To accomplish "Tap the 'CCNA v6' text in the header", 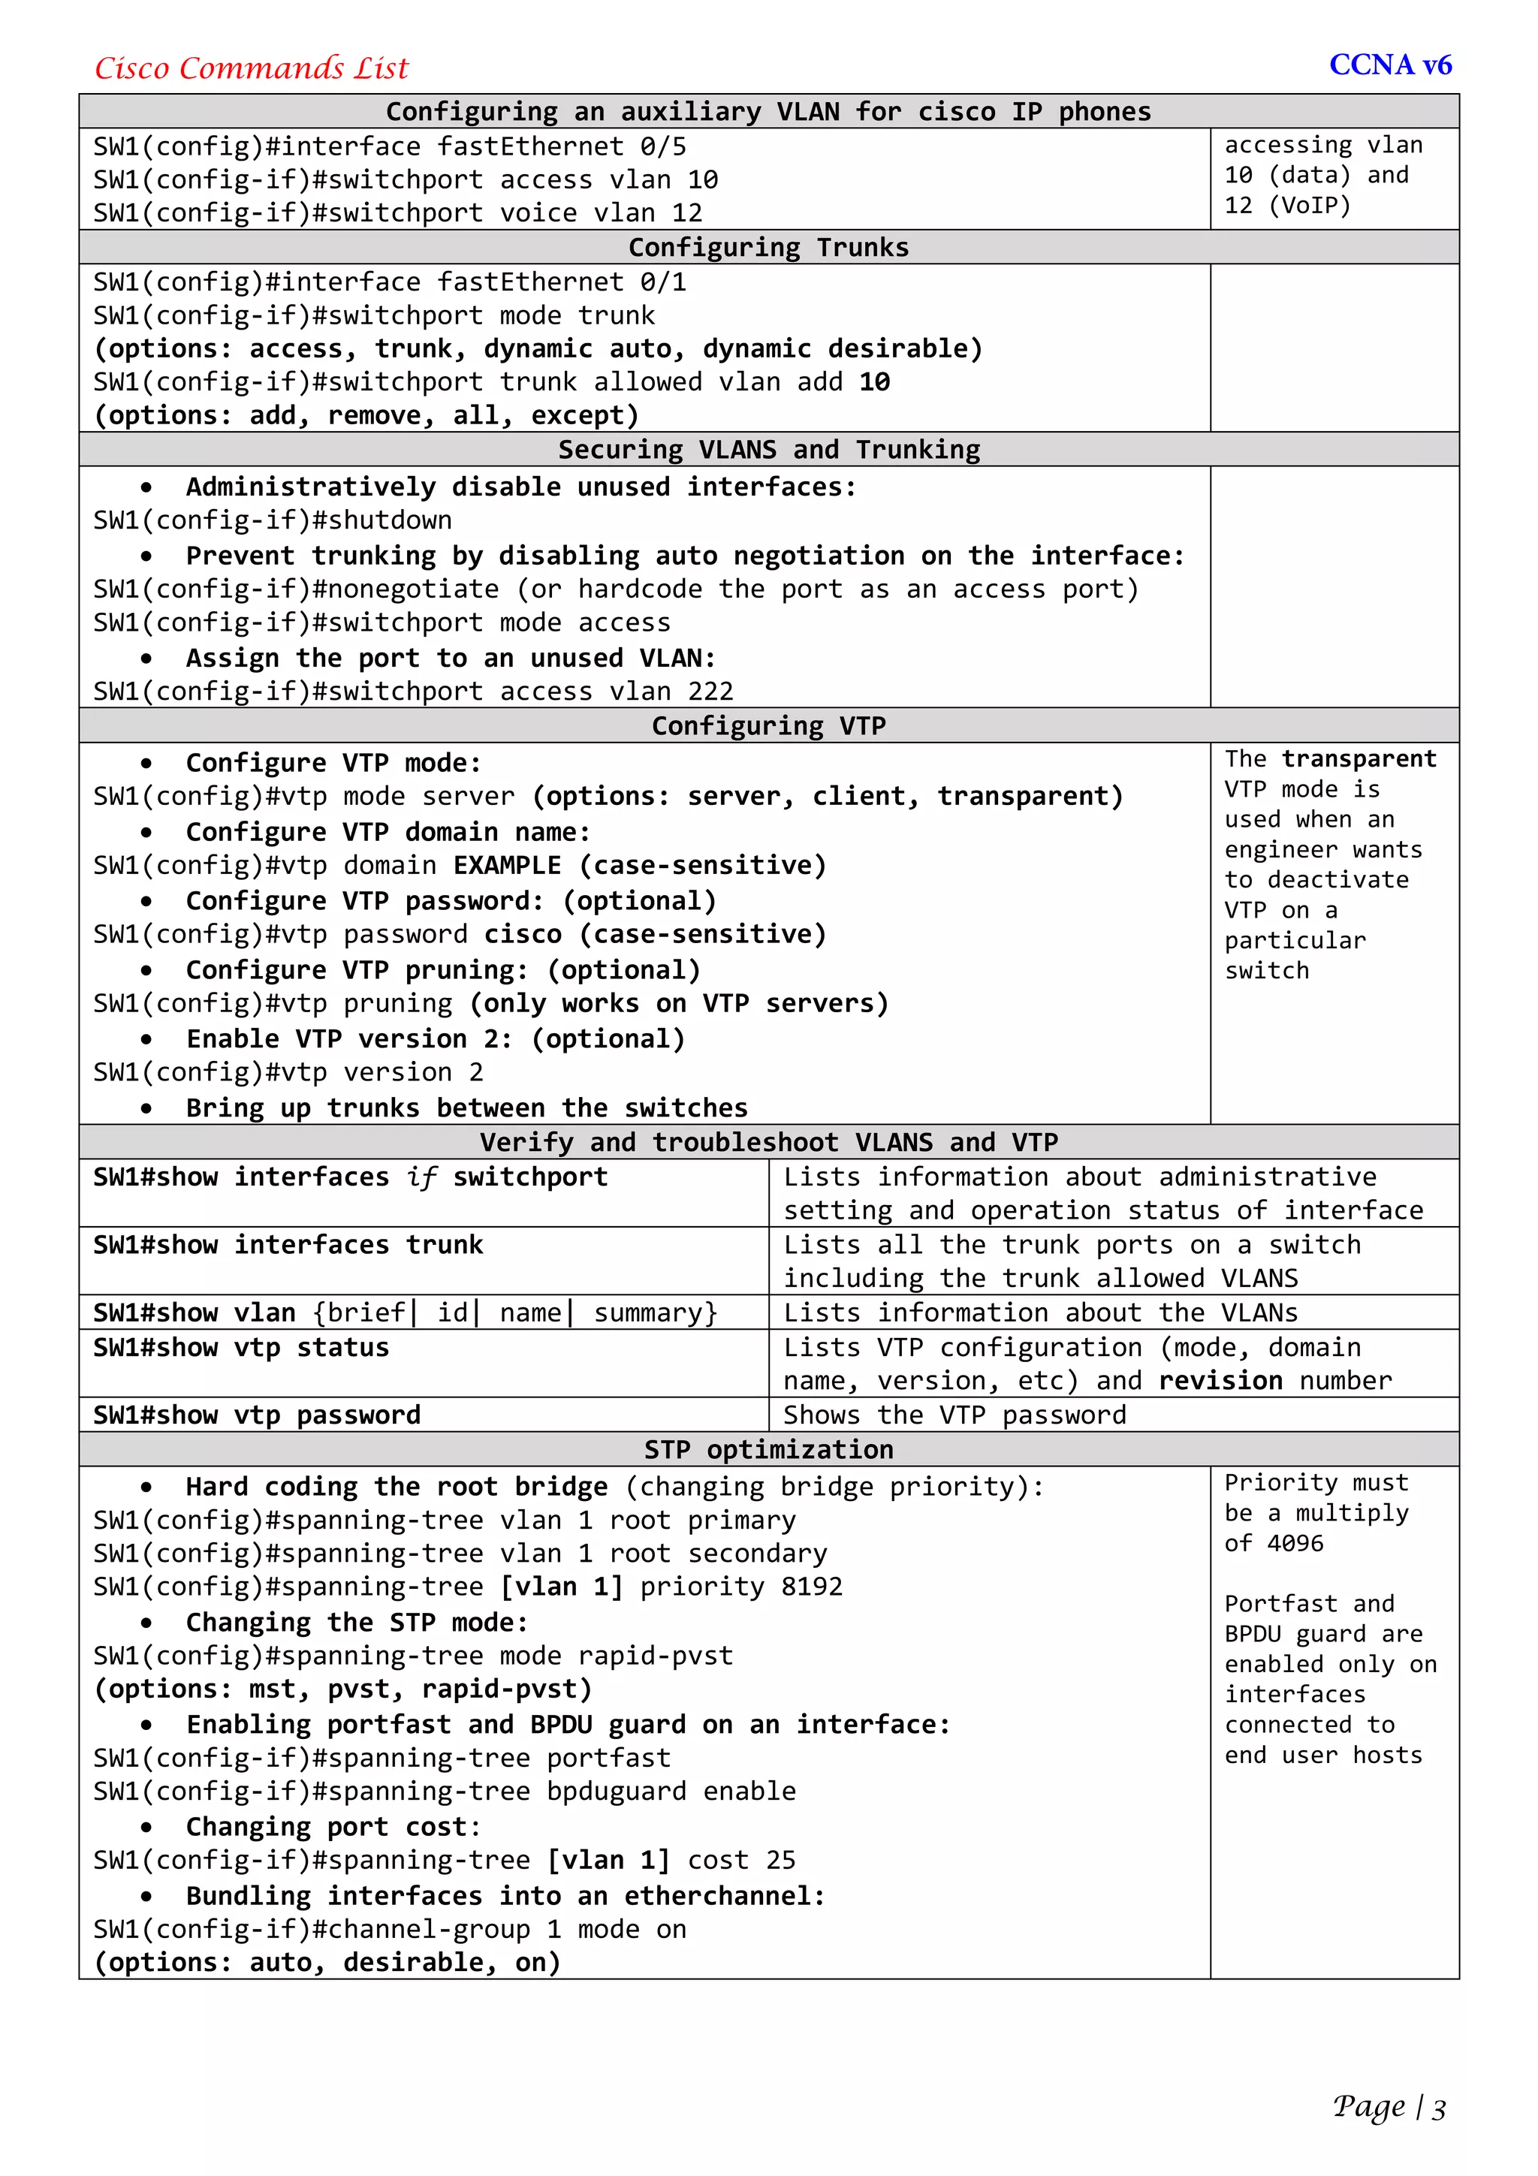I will tap(1389, 65).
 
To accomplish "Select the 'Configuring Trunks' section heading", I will tap(767, 247).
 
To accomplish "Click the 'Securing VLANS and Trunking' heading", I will tap(767, 449).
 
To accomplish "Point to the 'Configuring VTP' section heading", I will tap(767, 726).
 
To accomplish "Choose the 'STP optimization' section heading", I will tap(767, 1449).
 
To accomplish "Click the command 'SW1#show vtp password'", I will tap(257, 1415).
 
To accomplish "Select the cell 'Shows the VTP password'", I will tap(954, 1415).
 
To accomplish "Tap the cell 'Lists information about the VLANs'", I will tap(1039, 1313).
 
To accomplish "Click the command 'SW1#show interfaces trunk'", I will tap(288, 1244).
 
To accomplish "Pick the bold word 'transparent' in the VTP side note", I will tap(1359, 759).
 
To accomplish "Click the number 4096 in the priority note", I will tap(1295, 1544).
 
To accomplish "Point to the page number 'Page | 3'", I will tap(1389, 2107).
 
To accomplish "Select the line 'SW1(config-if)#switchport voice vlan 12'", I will tap(397, 213).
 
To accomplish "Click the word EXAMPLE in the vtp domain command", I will tap(507, 865).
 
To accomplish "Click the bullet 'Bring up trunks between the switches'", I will tap(466, 1108).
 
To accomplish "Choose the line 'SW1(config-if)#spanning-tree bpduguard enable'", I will tap(445, 1792).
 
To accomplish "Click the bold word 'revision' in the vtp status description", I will tap(1220, 1381).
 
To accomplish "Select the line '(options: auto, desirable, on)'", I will tap(327, 1962).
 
